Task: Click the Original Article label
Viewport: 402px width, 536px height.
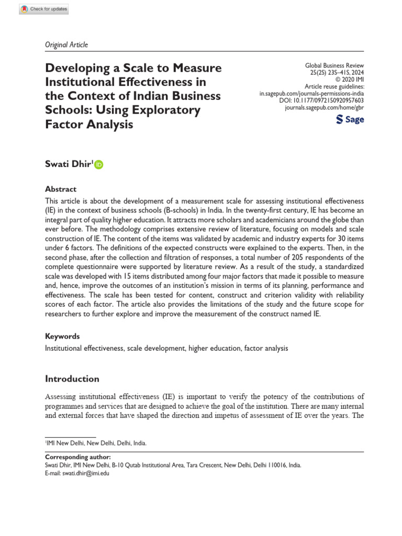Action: (66, 44)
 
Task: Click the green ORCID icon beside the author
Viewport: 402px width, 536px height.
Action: (99, 165)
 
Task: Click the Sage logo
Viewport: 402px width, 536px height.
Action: (350, 120)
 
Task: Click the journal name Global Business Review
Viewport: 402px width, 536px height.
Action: (334, 66)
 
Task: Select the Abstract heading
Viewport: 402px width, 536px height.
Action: (61, 189)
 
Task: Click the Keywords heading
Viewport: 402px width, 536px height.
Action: (62, 336)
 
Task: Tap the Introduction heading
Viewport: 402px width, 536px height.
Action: (72, 378)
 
